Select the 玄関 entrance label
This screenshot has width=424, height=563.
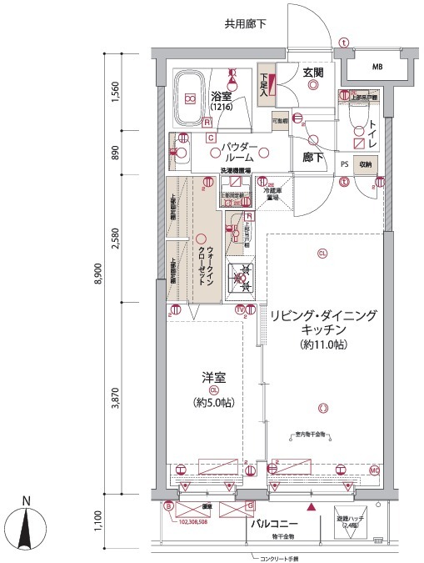pyautogui.click(x=312, y=73)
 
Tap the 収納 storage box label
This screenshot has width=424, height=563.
pyautogui.click(x=367, y=164)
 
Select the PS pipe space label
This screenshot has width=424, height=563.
pyautogui.click(x=344, y=164)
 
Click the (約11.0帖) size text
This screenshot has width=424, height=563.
pyautogui.click(x=322, y=344)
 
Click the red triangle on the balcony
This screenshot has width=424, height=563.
pyautogui.click(x=312, y=506)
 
